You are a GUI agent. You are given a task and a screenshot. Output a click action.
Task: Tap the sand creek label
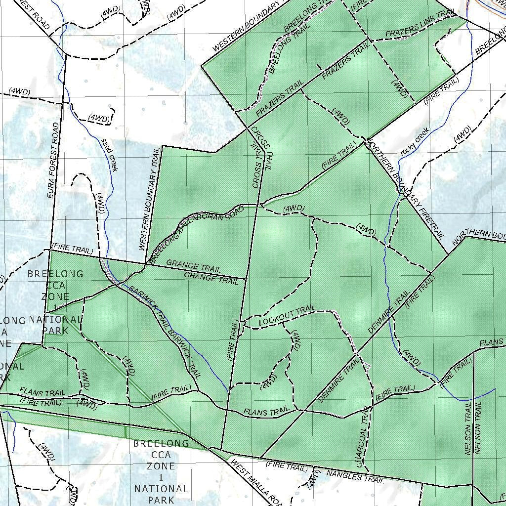click(x=109, y=155)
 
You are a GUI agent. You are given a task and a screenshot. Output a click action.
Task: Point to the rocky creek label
click(x=415, y=141)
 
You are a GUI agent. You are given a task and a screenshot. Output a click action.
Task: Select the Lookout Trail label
click(x=287, y=317)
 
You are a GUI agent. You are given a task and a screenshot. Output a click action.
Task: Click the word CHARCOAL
click(x=360, y=449)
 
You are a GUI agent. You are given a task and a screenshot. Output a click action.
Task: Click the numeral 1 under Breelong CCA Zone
click(x=160, y=477)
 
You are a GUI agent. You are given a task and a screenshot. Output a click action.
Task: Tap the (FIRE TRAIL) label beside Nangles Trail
click(x=287, y=465)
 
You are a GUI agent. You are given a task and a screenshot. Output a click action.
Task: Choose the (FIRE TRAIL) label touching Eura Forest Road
click(x=73, y=249)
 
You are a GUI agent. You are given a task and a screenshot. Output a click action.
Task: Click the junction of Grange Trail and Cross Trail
click(x=246, y=279)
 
